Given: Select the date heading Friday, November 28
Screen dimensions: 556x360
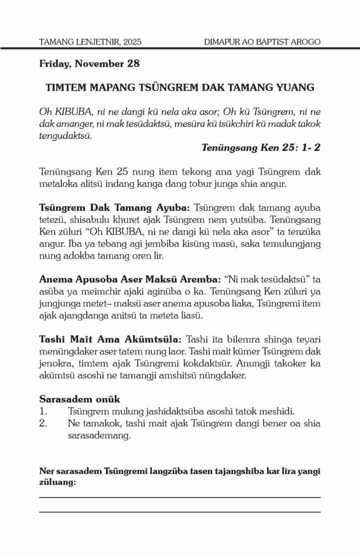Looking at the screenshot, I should point(90,64).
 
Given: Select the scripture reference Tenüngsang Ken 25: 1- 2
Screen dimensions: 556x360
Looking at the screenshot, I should point(261,148).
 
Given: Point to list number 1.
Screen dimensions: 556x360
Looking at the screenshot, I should point(45,412).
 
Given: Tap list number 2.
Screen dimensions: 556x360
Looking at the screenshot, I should point(45,424).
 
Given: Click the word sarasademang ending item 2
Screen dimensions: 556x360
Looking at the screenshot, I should point(99,435).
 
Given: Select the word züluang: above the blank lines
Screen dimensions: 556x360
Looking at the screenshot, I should point(58,482).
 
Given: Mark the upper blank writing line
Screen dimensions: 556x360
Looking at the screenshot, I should point(180,497).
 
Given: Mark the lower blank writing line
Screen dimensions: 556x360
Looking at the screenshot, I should point(180,511).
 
